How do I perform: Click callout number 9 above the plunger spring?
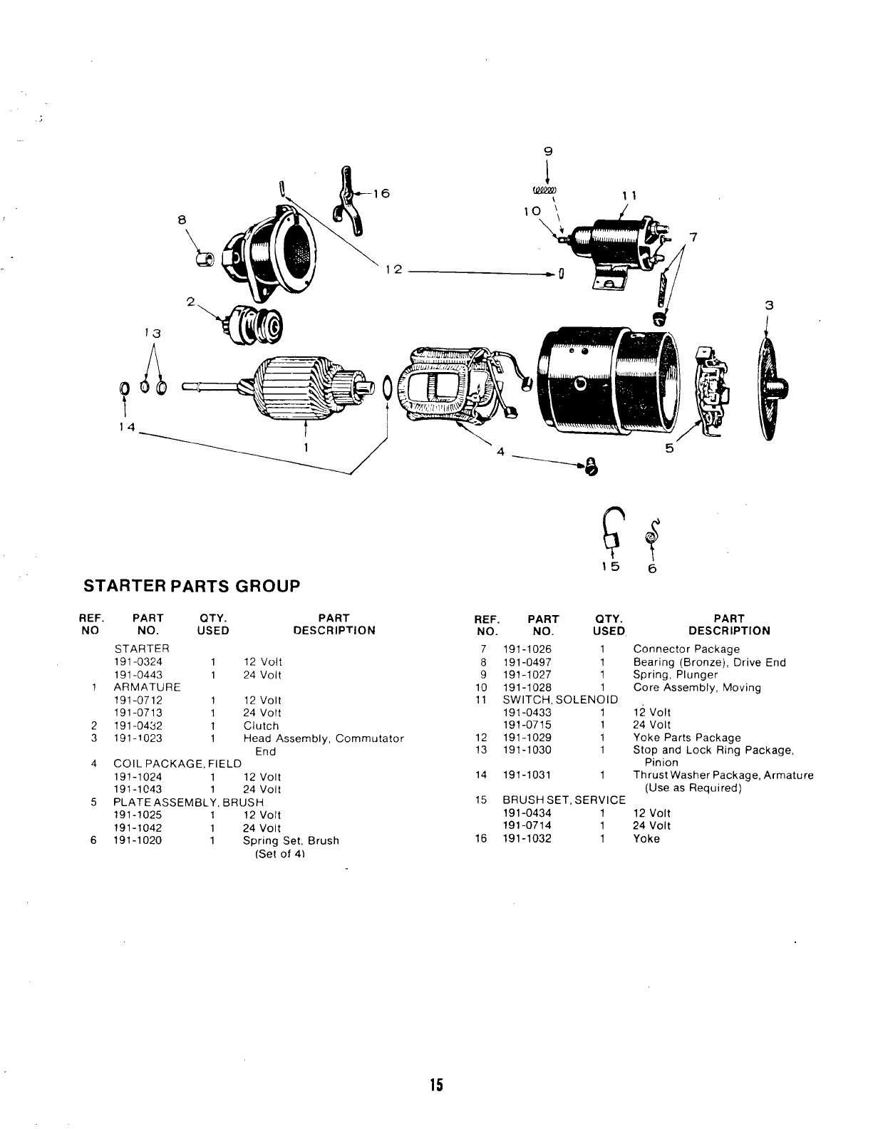point(547,151)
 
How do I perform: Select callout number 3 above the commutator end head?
point(768,305)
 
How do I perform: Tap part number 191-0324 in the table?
point(138,661)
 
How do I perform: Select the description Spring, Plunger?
point(676,674)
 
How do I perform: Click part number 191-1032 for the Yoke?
point(527,838)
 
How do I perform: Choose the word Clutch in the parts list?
point(261,726)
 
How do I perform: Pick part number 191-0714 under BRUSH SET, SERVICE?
point(527,825)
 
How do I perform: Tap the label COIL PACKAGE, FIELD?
point(177,764)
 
